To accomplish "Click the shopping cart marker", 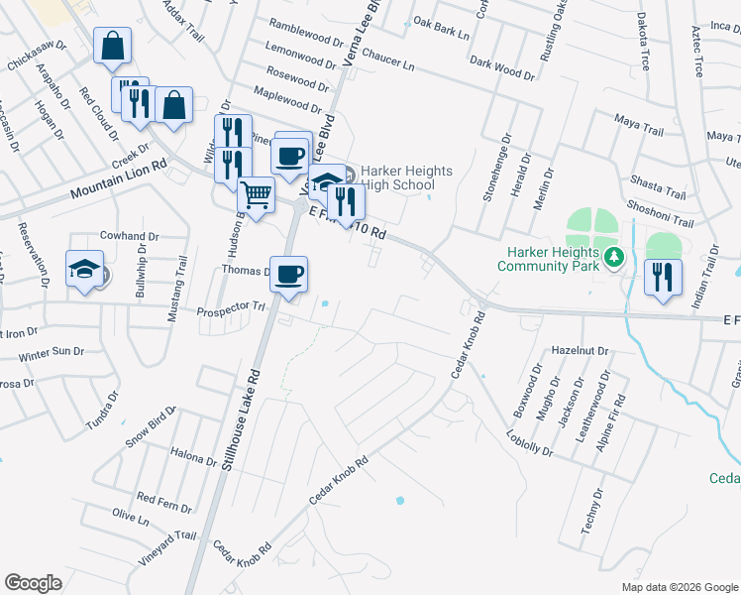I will tap(257, 193).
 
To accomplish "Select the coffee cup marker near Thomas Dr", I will tap(288, 275).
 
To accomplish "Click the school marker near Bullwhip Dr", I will tap(85, 269).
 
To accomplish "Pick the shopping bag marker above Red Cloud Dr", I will tap(112, 46).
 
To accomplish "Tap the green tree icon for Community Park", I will tap(614, 258).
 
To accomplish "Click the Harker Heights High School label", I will tap(396, 178).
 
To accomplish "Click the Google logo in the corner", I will tap(34, 583).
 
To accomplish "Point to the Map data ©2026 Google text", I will tap(679, 587).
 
